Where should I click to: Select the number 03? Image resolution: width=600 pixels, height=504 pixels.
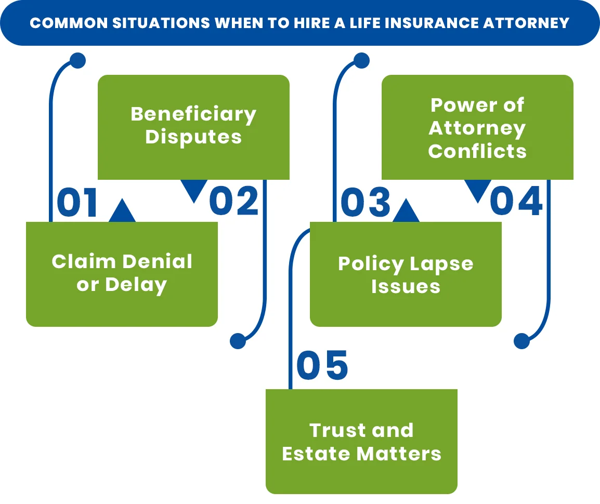pyautogui.click(x=365, y=202)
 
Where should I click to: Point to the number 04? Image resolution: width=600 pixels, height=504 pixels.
pyautogui.click(x=516, y=202)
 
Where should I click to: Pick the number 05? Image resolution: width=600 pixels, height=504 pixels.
pyautogui.click(x=321, y=365)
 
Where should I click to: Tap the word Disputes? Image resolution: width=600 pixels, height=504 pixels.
pyautogui.click(x=193, y=137)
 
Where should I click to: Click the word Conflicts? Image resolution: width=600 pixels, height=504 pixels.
pyautogui.click(x=477, y=151)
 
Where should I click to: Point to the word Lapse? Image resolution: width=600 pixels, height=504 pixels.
pyautogui.click(x=439, y=264)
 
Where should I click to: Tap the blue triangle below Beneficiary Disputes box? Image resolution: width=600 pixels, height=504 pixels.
pyautogui.click(x=194, y=190)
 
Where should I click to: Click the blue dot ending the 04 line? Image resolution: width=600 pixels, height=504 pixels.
pyautogui.click(x=521, y=341)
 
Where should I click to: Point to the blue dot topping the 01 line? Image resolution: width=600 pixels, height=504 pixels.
pyautogui.click(x=77, y=61)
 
